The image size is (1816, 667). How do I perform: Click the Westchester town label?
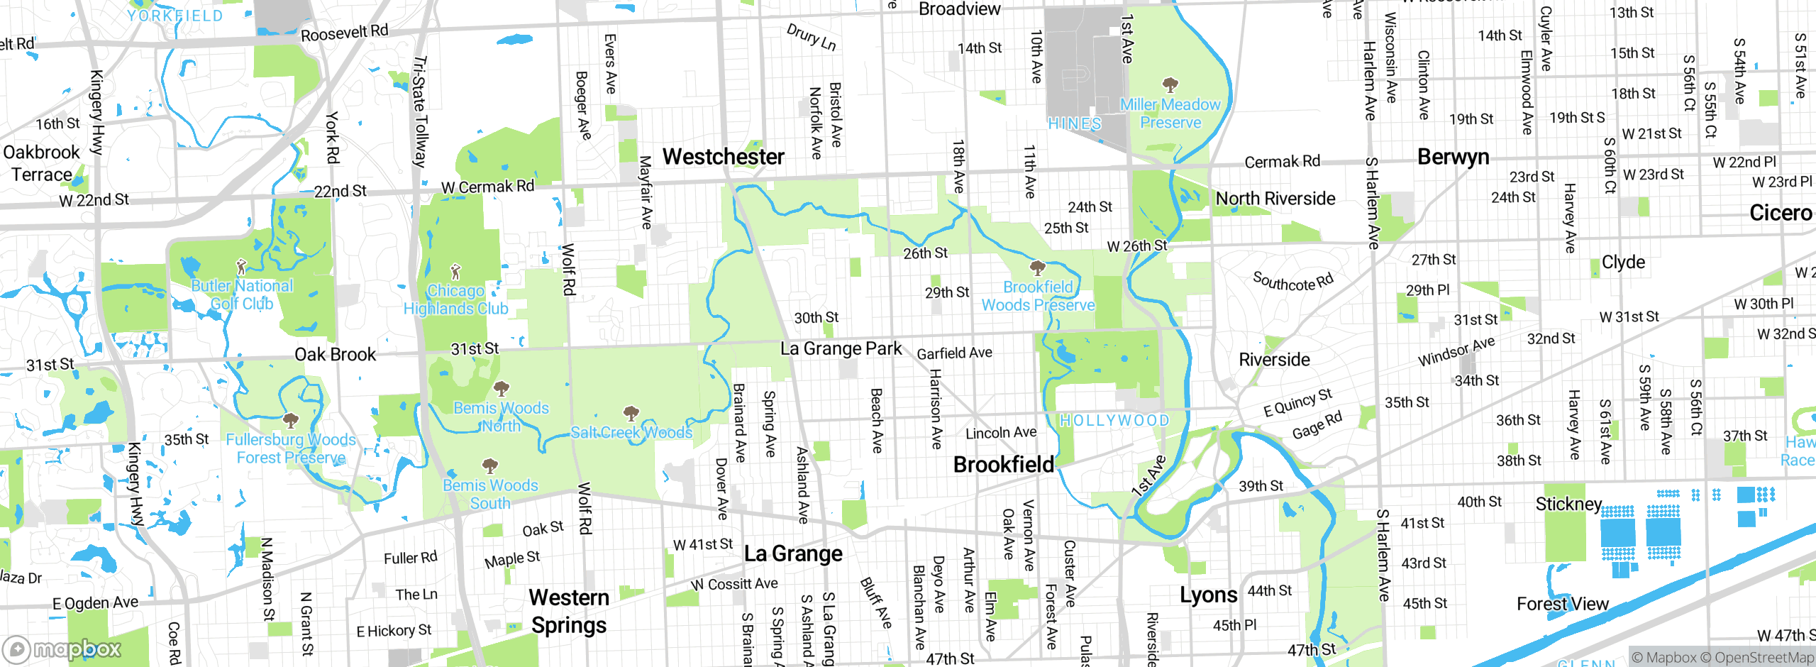click(723, 157)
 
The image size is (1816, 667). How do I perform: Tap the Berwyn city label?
click(1453, 157)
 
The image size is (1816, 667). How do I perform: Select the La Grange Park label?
click(841, 348)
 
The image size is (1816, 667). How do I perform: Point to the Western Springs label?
click(569, 611)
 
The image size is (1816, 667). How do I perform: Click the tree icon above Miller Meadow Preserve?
click(1170, 86)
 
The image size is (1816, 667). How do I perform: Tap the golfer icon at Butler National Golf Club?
click(241, 267)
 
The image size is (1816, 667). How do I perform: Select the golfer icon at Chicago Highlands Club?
click(455, 272)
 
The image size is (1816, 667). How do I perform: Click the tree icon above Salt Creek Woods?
click(631, 414)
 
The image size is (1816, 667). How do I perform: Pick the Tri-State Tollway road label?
click(420, 111)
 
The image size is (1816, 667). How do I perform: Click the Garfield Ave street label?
click(954, 353)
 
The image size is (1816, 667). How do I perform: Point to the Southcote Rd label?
click(1292, 282)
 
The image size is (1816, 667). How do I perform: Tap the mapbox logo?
click(62, 649)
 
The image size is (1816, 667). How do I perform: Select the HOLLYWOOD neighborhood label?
click(1114, 421)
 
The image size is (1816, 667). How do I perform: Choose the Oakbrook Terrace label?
click(41, 163)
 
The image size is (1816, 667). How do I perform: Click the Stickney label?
click(1568, 504)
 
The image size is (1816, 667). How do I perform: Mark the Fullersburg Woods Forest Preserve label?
click(291, 448)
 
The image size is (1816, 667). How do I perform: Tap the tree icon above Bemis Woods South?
click(489, 466)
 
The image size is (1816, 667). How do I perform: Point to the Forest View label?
click(1562, 604)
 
